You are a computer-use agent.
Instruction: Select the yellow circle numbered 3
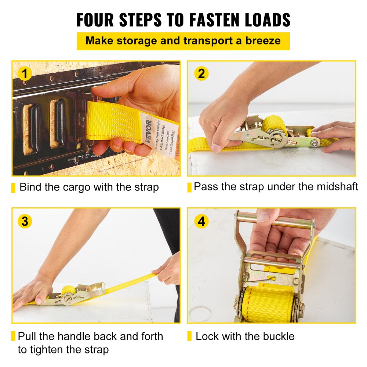(x=25, y=221)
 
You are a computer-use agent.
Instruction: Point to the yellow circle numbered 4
(x=201, y=221)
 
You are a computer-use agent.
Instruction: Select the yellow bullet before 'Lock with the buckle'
(x=190, y=336)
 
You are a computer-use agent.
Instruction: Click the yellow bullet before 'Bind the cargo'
(x=14, y=188)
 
